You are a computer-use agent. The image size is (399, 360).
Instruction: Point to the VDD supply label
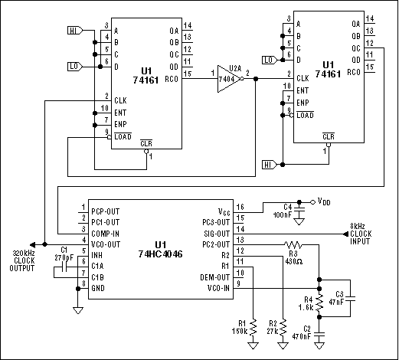(323, 202)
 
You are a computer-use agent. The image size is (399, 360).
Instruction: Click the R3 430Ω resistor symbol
(292, 245)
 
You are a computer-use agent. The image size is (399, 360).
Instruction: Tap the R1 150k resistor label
(240, 327)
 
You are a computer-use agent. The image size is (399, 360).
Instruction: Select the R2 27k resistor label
(272, 327)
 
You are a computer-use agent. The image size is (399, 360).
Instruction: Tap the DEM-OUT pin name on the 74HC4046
(214, 276)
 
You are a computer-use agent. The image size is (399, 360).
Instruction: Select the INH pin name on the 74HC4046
(98, 255)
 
